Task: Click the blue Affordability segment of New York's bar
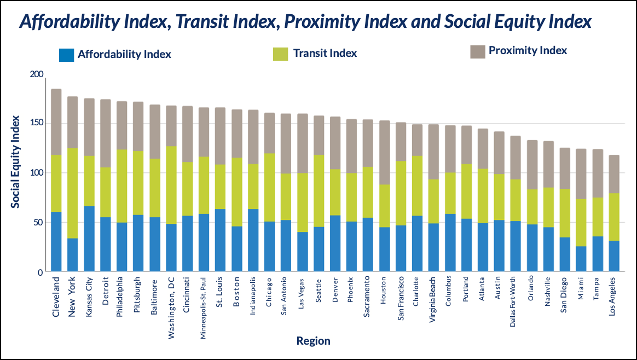72,254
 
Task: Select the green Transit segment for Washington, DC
171,185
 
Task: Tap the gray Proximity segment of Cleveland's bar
56,121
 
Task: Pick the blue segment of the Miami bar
581,259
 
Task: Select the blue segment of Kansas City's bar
89,239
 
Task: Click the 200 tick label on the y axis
36,74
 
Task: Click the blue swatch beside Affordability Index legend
66,55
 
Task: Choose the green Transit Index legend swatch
280,54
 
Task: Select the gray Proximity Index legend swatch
478,51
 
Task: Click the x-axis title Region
313,341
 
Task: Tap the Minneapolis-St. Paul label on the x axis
203,307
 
